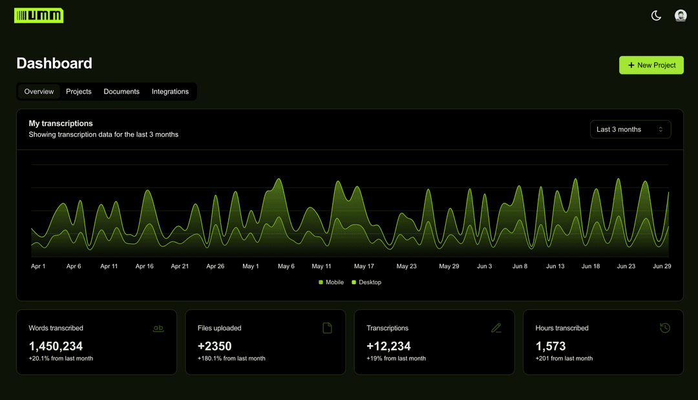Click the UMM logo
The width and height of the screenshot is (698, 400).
(39, 16)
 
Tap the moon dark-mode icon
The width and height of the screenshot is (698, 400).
(656, 16)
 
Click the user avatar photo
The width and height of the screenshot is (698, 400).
(681, 16)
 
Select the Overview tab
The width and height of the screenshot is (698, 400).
(39, 92)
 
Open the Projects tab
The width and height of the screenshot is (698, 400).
(79, 92)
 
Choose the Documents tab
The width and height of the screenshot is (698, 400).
(122, 92)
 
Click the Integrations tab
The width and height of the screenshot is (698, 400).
(170, 92)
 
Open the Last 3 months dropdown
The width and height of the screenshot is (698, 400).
(630, 129)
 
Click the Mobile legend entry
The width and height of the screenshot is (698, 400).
(331, 282)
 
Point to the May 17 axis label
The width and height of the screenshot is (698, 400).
(364, 266)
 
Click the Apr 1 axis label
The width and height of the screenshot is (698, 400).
(38, 266)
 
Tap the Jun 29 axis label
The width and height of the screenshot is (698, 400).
(662, 266)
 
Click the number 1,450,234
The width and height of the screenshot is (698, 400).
(56, 346)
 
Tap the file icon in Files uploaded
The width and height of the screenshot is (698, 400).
(327, 328)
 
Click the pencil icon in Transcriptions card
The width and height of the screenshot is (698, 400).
(496, 328)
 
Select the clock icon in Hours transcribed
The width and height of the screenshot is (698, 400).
(665, 328)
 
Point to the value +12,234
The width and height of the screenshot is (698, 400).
(388, 346)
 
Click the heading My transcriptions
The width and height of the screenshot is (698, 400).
(61, 123)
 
